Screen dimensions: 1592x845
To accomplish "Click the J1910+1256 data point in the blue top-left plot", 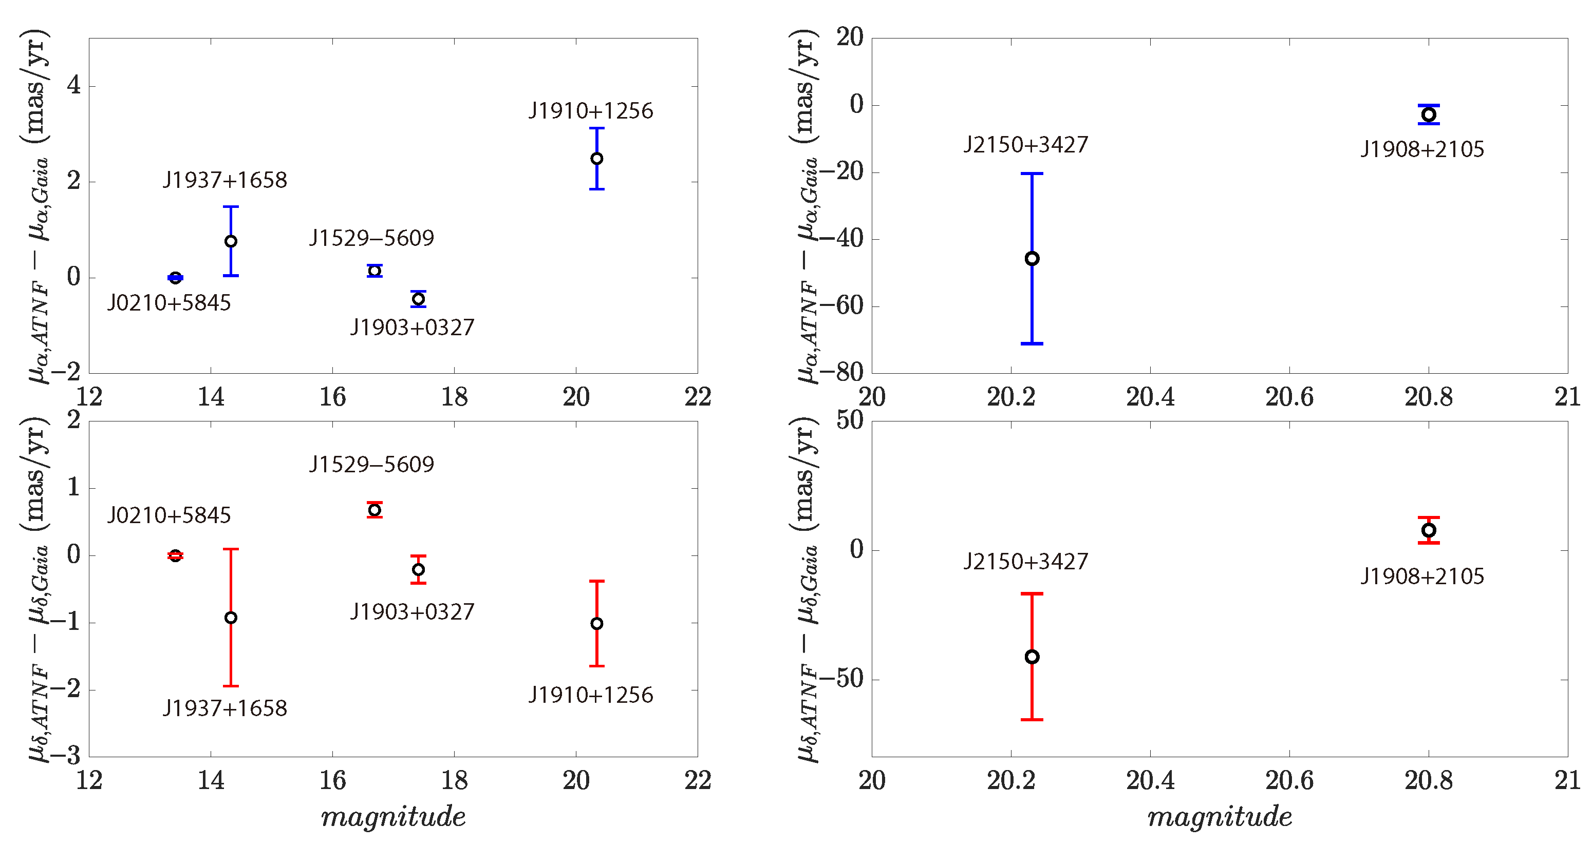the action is (x=596, y=159).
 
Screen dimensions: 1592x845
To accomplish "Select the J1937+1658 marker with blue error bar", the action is (x=231, y=241).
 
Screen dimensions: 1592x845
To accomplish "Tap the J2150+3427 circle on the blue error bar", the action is (x=1032, y=259).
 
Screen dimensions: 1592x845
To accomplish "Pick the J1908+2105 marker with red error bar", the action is (x=1428, y=530).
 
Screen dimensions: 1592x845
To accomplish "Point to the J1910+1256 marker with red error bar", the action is (x=596, y=624).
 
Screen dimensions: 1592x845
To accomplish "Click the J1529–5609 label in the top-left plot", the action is (x=371, y=238).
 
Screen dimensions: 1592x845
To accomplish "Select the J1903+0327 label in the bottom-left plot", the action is (x=412, y=611).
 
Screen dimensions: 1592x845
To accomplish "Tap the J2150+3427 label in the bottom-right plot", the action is (x=1025, y=561).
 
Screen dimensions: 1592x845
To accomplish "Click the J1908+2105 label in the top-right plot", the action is (x=1422, y=149).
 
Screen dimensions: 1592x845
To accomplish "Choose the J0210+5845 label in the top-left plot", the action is (x=168, y=303).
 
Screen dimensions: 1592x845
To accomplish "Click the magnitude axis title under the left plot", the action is (x=393, y=817).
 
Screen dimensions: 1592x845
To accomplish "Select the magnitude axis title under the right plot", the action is (x=1220, y=817).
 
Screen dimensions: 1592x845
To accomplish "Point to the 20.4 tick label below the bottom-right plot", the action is (x=1150, y=780).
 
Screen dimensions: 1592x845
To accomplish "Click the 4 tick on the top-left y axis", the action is (x=74, y=86).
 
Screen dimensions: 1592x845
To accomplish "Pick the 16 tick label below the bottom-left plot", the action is (x=332, y=780).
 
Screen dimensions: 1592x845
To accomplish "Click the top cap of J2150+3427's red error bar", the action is (x=1032, y=593).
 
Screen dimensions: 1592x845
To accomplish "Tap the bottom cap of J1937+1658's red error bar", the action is (x=231, y=686).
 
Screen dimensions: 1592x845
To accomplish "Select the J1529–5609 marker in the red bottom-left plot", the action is (x=374, y=510).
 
